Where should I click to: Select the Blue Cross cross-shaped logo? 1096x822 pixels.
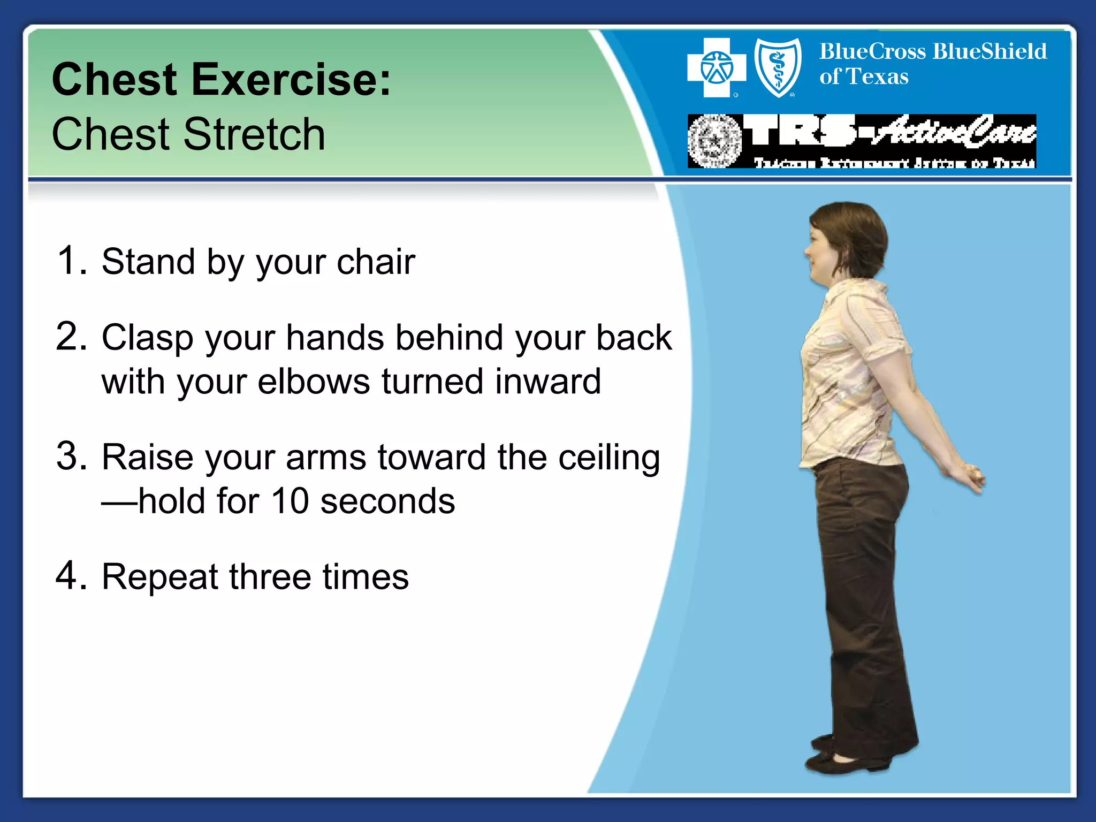(x=716, y=68)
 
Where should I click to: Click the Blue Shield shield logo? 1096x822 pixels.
(x=778, y=68)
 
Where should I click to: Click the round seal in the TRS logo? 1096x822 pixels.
(x=714, y=141)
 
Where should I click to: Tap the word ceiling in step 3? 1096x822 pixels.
(x=609, y=458)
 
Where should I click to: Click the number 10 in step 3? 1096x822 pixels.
(x=290, y=501)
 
